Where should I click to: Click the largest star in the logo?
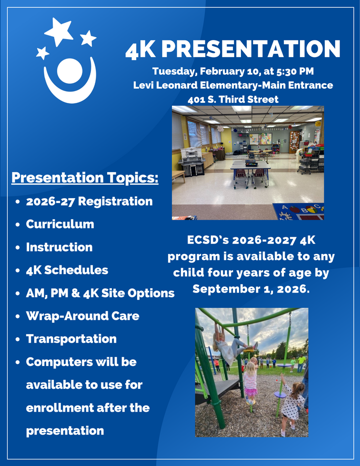point(59,31)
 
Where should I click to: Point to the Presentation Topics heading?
point(85,178)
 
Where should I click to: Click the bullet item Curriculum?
point(60,224)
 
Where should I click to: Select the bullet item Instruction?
point(59,247)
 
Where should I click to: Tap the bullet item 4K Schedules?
point(67,270)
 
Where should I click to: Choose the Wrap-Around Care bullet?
point(82,316)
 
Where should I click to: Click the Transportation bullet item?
point(71,339)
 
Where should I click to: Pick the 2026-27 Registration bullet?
point(89,201)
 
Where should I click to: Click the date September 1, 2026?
point(251,289)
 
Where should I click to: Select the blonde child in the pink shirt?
point(250,381)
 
